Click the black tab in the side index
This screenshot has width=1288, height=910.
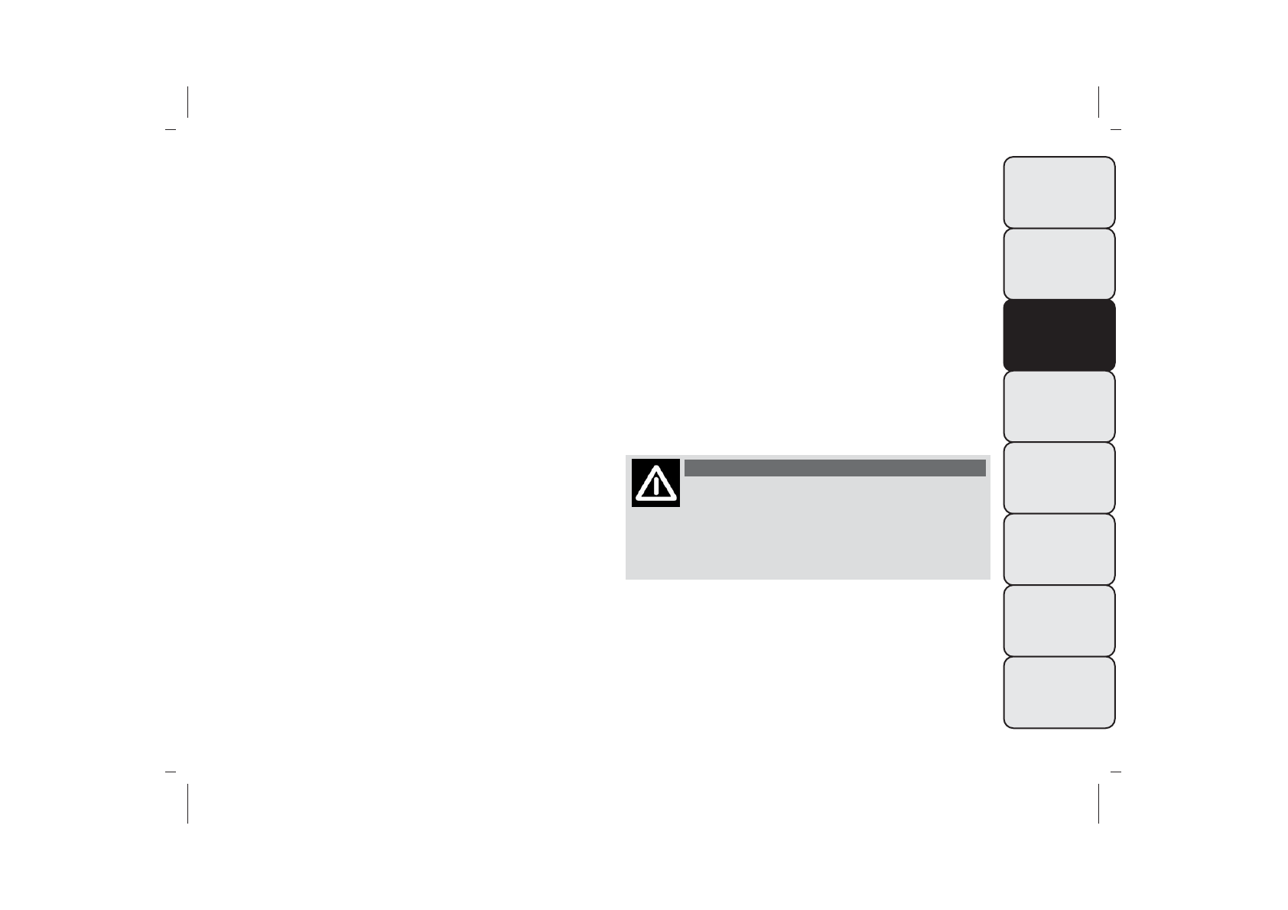[x=1059, y=335]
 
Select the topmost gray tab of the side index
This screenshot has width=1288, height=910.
[x=1059, y=192]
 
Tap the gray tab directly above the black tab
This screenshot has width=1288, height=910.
[x=1059, y=264]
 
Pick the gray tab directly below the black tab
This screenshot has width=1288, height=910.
[x=1059, y=406]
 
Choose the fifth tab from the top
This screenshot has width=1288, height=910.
[x=1059, y=478]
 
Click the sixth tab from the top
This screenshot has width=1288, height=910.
[x=1059, y=549]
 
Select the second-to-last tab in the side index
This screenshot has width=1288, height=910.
[x=1059, y=620]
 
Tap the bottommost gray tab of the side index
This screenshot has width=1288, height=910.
[x=1059, y=692]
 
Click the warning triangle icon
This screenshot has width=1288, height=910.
[x=655, y=483]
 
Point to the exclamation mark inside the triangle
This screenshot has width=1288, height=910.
[x=656, y=486]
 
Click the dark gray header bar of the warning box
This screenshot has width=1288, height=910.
[x=834, y=468]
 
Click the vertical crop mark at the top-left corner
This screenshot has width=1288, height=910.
[x=187, y=102]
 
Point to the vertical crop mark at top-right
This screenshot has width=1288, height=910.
[x=1098, y=102]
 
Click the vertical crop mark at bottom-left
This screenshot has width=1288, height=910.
[x=187, y=803]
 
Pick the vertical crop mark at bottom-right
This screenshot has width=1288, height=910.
[x=1098, y=803]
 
